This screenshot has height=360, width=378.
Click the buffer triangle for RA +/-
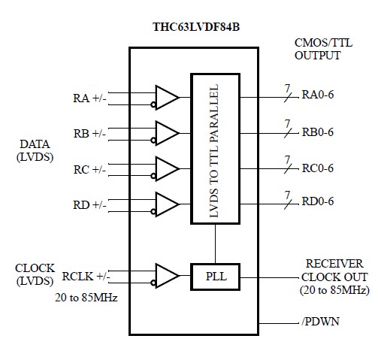[x=166, y=97]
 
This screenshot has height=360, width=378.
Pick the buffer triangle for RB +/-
[x=166, y=132]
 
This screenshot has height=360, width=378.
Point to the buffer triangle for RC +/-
[x=166, y=168]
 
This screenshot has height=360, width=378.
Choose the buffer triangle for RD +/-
[x=166, y=203]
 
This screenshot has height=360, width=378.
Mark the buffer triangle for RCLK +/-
[x=166, y=277]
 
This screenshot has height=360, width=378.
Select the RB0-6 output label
[x=318, y=133]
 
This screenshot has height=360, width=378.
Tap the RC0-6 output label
[x=318, y=168]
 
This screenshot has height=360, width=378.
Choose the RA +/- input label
[x=89, y=98]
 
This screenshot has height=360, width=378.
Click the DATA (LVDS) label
[x=34, y=149]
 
